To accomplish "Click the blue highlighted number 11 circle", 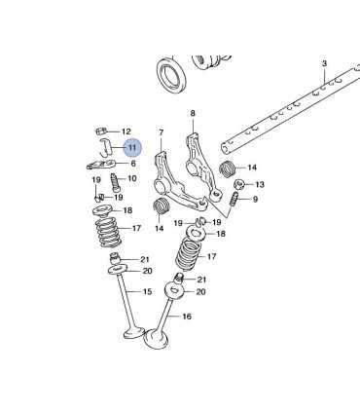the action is pyautogui.click(x=132, y=148).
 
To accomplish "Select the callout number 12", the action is pyautogui.click(x=126, y=131).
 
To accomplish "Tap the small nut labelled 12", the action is pyautogui.click(x=100, y=131).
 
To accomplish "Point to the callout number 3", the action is pyautogui.click(x=325, y=63).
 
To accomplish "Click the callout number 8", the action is pyautogui.click(x=193, y=113).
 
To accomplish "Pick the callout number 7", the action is pyautogui.click(x=162, y=132).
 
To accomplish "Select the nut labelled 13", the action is pyautogui.click(x=238, y=185).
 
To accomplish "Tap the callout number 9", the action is pyautogui.click(x=255, y=199).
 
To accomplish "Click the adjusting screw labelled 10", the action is pyautogui.click(x=116, y=182).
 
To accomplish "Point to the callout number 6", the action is pyautogui.click(x=133, y=164).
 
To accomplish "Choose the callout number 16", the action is pyautogui.click(x=187, y=316).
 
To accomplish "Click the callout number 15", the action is pyautogui.click(x=147, y=291).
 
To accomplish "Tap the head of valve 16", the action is pyautogui.click(x=157, y=338).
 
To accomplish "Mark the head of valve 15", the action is pyautogui.click(x=134, y=332).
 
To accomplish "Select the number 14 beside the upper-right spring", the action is pyautogui.click(x=252, y=168).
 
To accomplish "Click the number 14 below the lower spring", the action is pyautogui.click(x=159, y=229).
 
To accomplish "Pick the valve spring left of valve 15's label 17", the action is pyautogui.click(x=108, y=232).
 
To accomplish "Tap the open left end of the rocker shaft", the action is pyautogui.click(x=226, y=148).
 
